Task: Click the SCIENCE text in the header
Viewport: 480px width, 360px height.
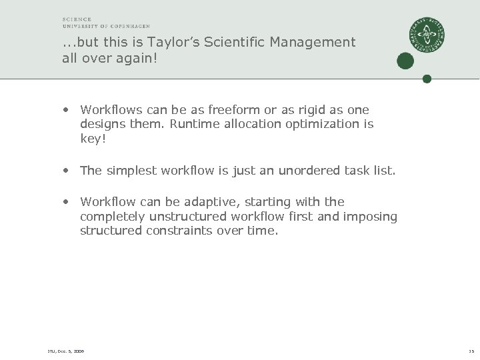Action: (x=77, y=19)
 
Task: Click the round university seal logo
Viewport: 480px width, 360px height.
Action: (x=427, y=35)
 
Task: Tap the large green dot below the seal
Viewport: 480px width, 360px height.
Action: (x=405, y=61)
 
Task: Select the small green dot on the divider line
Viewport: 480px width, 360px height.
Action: (x=427, y=79)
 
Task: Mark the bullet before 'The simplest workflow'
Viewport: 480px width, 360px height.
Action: (x=67, y=171)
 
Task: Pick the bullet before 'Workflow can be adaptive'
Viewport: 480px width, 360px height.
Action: (x=67, y=202)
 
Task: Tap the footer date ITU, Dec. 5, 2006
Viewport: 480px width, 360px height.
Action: (x=66, y=351)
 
